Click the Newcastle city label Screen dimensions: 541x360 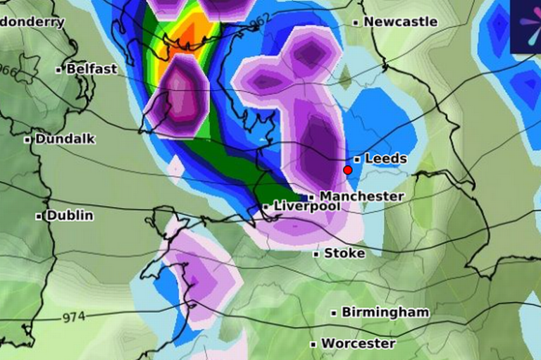(400, 22)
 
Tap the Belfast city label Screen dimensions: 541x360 (91, 69)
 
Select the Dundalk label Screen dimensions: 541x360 (65, 139)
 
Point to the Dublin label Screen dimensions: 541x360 (70, 216)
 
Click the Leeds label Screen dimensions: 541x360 (386, 159)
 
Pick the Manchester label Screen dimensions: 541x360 (362, 196)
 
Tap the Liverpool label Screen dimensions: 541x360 (306, 206)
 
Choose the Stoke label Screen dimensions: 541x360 (344, 253)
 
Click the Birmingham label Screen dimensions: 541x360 (385, 311)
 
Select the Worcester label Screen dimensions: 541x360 (359, 344)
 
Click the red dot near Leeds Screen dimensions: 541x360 (347, 170)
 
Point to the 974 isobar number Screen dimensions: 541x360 (73, 317)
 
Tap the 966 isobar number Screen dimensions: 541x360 (8, 71)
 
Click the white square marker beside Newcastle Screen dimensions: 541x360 (356, 23)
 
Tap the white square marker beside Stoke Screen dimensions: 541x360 (316, 254)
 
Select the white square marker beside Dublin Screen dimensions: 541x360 (39, 216)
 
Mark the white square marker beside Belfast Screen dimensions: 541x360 (58, 70)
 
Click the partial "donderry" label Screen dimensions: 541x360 (32, 21)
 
